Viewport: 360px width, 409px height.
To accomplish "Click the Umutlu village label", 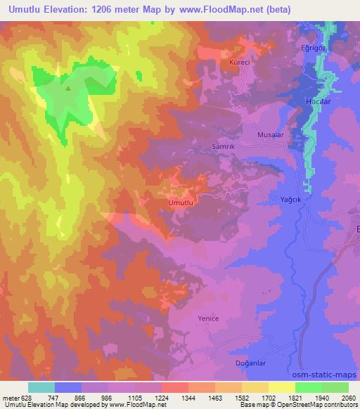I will point(181,202).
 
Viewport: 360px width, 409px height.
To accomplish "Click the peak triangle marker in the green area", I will point(67,89).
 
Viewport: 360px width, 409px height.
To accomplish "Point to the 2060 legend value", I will point(347,397).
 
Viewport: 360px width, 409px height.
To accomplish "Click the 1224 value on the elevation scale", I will point(162,397).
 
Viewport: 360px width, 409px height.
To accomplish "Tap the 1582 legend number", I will point(243,397).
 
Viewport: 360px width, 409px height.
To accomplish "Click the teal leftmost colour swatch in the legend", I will point(41,387).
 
